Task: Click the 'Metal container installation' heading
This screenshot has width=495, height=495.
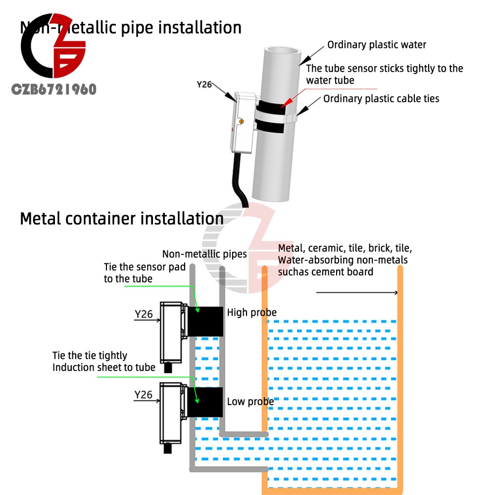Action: point(121,218)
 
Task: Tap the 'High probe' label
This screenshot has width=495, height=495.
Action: point(251,312)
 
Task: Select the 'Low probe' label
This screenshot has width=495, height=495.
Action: point(250,401)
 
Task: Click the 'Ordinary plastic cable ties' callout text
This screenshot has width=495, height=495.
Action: point(381,99)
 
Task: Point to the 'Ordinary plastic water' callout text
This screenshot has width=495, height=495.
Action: point(377,45)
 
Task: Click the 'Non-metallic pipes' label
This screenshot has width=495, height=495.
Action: point(204,254)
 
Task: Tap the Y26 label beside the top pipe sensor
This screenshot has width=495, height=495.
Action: point(204,85)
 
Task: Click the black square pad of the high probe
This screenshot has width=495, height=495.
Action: point(205,320)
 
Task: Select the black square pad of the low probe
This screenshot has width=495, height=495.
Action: point(205,402)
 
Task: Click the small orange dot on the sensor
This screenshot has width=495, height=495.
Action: point(241,121)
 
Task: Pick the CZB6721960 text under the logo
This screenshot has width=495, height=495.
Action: point(54,90)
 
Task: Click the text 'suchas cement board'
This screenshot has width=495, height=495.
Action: point(325,272)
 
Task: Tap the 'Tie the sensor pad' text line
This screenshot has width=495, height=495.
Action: point(145,267)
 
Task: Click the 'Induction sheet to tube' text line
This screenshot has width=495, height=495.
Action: point(104,367)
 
